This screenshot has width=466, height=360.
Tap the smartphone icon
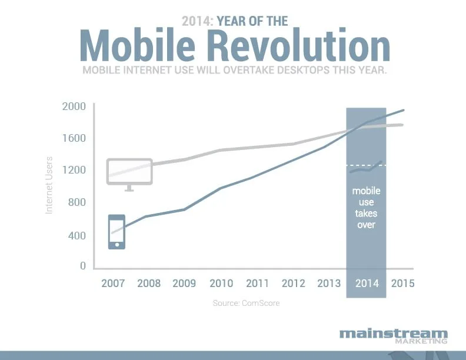point(116,232)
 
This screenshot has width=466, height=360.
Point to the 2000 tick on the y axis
point(74,106)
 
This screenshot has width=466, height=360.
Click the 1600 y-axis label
point(74,138)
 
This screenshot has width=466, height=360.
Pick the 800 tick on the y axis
point(76,202)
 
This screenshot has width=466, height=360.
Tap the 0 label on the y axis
point(83,266)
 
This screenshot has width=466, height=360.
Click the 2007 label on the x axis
point(113,283)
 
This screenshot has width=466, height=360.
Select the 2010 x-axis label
point(222,283)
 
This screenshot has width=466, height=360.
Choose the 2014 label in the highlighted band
point(366,283)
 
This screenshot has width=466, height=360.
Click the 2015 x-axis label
point(402,283)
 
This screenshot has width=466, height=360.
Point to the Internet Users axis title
point(49,184)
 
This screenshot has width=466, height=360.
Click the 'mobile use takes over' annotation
point(366,208)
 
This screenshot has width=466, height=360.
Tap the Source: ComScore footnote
point(246,304)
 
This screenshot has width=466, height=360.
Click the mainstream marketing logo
point(393,336)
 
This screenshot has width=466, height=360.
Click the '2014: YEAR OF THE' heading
point(235,22)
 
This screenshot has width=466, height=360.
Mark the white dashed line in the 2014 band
point(366,165)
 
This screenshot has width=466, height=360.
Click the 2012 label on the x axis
point(294,283)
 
